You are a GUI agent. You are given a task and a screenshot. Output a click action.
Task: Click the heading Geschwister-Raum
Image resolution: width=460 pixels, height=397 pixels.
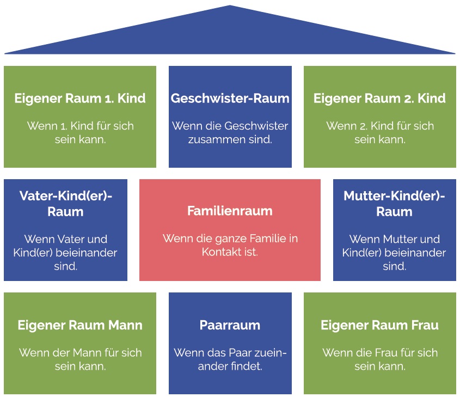coord(230,98)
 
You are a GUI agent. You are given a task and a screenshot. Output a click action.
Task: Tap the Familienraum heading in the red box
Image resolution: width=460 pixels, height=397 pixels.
coord(230,211)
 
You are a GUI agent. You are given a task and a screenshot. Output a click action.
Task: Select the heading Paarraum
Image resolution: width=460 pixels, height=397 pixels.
coord(230,325)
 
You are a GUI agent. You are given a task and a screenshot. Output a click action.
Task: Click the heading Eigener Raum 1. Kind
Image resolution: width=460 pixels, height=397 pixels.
coord(80,98)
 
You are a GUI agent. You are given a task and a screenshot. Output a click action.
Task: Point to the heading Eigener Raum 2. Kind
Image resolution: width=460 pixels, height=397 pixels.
coord(379,98)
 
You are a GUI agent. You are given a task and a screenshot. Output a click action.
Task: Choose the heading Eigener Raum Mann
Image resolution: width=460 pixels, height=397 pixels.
coord(80,325)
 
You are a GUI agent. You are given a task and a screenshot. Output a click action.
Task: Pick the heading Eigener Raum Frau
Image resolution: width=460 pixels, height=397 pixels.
coord(379,325)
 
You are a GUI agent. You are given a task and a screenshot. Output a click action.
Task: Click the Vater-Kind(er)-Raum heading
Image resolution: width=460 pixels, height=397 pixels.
coord(65,204)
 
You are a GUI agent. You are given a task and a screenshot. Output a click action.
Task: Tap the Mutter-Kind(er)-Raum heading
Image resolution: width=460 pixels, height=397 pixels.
coord(394,204)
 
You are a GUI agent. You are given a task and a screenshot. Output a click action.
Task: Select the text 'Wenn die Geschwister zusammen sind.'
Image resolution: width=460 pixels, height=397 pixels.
coord(230,133)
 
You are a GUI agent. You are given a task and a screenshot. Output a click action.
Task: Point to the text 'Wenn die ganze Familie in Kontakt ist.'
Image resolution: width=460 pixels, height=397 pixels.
coord(230,245)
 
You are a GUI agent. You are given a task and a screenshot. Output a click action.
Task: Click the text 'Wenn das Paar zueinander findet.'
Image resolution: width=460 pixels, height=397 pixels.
coord(230,359)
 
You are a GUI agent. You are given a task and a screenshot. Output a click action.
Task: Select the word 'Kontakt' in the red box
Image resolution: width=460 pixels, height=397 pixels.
coord(220,252)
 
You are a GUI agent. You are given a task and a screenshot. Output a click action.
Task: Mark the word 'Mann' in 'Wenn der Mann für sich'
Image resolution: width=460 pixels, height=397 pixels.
coord(87,353)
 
